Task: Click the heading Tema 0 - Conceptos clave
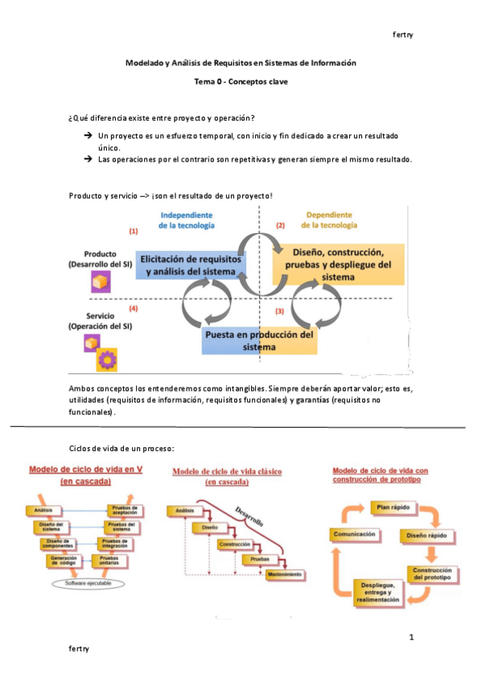241,81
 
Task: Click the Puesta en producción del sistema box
259,341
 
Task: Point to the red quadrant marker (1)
134,231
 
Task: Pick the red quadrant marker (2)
280,226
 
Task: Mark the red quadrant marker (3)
280,310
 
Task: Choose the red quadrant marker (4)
134,308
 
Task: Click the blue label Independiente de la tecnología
186,220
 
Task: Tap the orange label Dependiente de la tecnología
330,220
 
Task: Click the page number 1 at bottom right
411,638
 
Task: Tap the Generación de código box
63,560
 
